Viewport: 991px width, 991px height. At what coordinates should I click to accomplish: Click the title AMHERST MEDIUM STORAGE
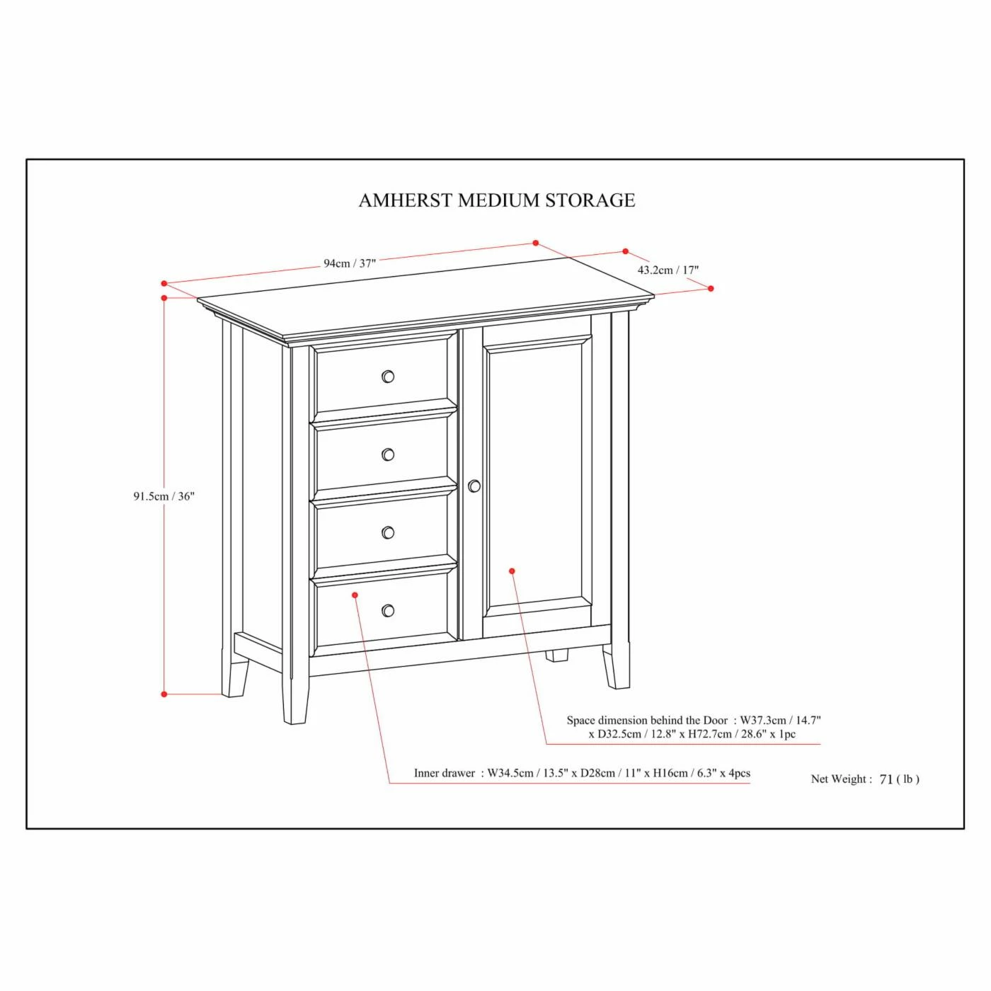497,200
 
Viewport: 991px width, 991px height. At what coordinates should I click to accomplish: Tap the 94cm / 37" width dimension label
350,263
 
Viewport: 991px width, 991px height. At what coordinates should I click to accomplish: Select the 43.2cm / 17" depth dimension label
668,270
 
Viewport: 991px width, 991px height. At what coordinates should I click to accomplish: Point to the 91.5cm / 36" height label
164,496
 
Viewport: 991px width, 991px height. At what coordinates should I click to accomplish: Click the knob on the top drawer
389,377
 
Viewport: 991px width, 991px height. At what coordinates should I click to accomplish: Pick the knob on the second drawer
389,454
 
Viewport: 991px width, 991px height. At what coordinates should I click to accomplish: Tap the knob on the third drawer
389,532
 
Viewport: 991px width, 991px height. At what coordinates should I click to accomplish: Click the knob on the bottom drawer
389,610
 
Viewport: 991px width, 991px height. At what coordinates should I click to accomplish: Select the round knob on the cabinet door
474,486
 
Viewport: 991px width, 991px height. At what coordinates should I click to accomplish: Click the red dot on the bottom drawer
355,595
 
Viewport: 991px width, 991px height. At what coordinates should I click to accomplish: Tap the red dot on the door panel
512,571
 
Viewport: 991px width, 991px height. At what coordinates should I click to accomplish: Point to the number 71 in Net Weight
886,779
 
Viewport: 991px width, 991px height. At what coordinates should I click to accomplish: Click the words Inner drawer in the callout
445,774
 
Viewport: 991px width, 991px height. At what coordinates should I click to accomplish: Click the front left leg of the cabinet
295,689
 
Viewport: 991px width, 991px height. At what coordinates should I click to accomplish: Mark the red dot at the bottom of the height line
164,694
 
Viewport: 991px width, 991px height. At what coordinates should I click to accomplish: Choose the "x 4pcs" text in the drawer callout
735,774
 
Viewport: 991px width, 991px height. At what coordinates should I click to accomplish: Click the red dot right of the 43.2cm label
711,289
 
